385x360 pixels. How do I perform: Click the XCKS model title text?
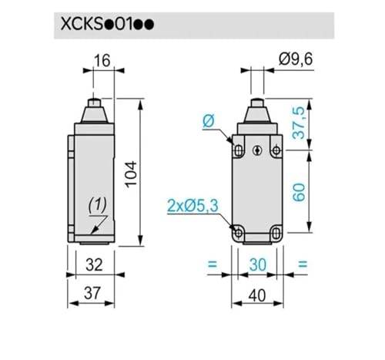107,25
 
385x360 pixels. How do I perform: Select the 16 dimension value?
102,61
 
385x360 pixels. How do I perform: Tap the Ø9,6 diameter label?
296,59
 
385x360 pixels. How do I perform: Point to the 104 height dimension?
131,174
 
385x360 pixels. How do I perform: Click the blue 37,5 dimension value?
299,123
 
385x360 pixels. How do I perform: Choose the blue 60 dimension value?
299,193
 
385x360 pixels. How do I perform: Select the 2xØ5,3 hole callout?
192,206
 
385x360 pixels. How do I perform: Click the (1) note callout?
98,205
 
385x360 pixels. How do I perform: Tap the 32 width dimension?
94,265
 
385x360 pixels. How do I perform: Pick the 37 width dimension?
92,293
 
